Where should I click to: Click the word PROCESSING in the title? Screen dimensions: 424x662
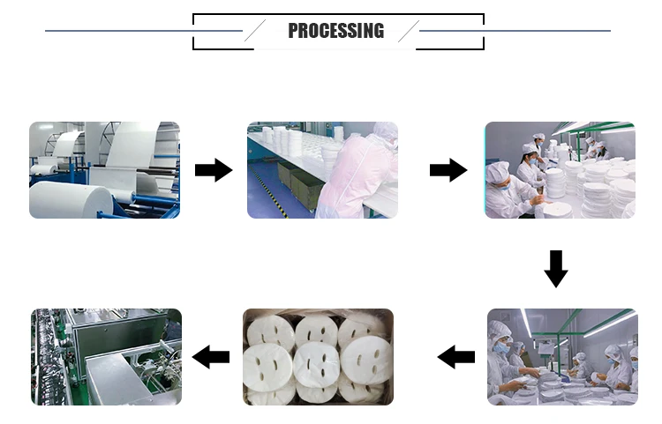[335, 31]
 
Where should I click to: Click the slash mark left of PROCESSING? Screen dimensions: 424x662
[254, 31]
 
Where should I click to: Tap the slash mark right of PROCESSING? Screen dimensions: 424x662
[408, 31]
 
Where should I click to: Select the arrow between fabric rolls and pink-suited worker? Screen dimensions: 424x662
[213, 170]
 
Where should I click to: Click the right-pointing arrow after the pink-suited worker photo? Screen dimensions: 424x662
[448, 170]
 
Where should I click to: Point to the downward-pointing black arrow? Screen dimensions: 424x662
[555, 268]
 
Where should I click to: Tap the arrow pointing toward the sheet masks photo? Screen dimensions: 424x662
[456, 357]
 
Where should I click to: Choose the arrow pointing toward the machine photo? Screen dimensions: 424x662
[212, 357]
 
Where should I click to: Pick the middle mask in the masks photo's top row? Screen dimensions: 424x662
[316, 331]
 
